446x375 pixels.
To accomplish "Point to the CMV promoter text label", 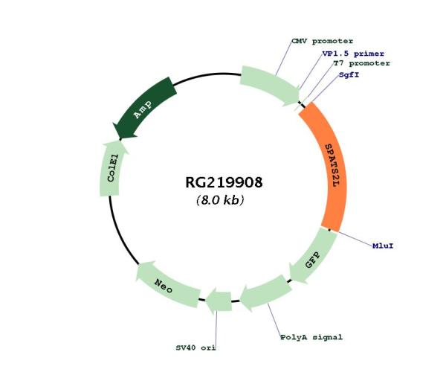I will tap(322, 41).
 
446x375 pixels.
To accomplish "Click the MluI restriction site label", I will tap(383, 245).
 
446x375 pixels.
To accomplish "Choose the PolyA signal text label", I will tap(311, 337).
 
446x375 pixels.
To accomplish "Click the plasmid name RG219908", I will tap(224, 182).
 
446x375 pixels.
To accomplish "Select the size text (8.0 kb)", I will tap(221, 201).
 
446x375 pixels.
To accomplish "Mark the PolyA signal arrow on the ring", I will tap(264, 292).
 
